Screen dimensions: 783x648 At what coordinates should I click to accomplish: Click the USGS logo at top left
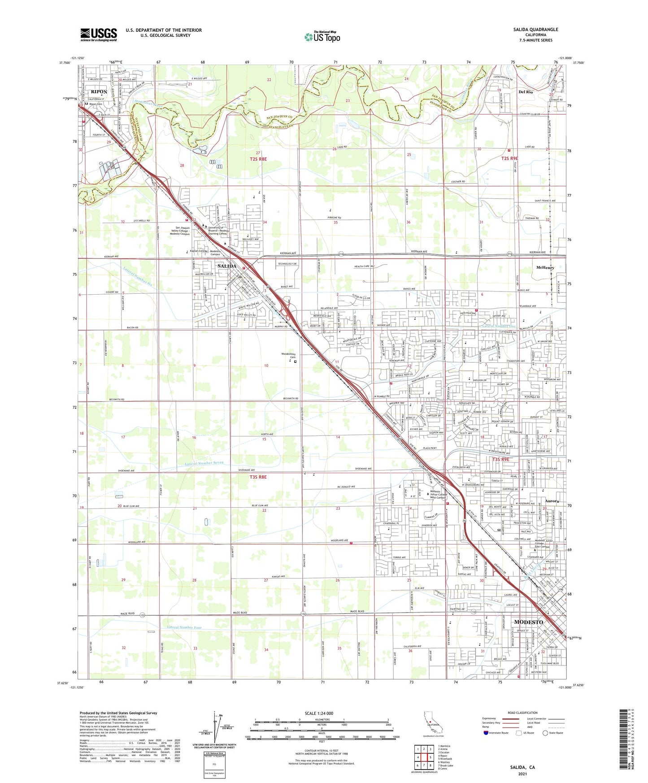(x=99, y=34)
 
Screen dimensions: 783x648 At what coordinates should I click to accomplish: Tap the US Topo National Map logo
(x=322, y=36)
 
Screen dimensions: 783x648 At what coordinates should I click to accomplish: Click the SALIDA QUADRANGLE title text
(x=536, y=30)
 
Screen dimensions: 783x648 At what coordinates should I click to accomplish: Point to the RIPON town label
(x=99, y=91)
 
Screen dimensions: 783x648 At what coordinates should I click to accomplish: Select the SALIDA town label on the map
(x=226, y=266)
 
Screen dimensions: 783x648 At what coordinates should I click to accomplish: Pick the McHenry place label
(x=545, y=268)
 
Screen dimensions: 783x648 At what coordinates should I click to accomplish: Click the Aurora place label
(x=552, y=501)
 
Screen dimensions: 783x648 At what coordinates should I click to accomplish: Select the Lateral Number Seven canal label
(x=204, y=462)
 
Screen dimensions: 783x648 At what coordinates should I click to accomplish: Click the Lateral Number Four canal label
(x=186, y=627)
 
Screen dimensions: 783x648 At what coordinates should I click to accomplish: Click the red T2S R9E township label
(x=509, y=158)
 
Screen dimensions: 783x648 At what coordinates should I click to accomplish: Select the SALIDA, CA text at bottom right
(x=522, y=767)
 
